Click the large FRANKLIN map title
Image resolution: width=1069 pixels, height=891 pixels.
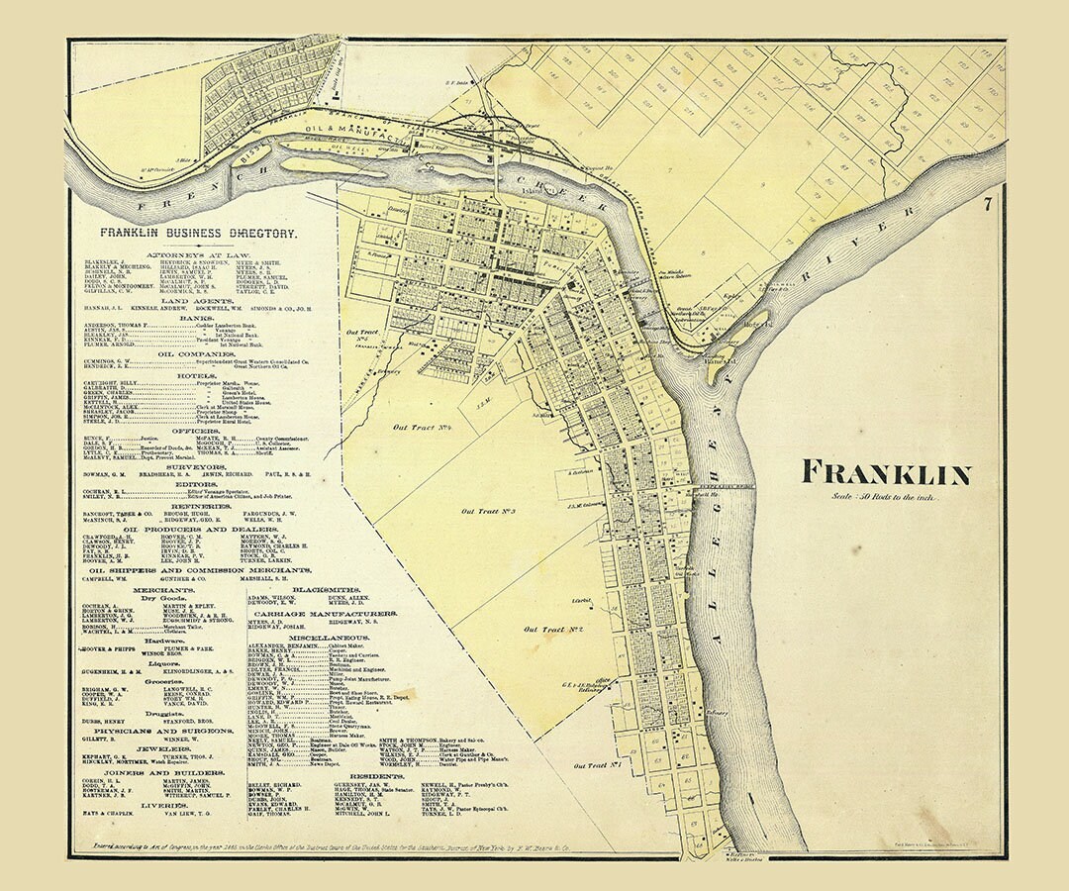pos(885,474)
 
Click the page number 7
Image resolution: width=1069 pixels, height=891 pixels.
pos(987,206)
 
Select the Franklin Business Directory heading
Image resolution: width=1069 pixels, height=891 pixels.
pos(198,233)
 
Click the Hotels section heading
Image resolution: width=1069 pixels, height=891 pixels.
pos(198,376)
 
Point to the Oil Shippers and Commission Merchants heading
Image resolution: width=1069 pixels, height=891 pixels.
pos(201,571)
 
